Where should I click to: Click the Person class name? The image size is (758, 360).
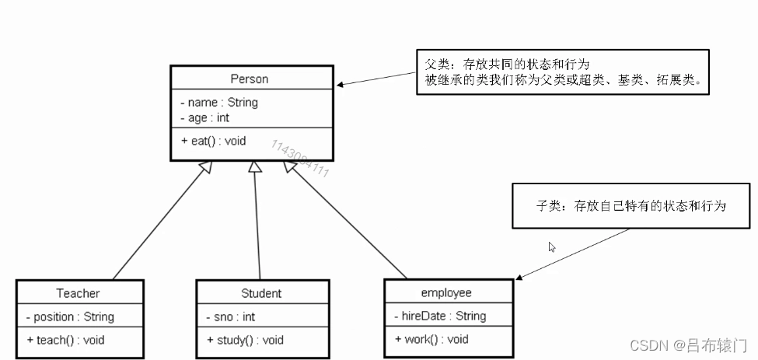pyautogui.click(x=249, y=79)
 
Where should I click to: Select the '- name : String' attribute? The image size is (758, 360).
pyautogui.click(x=219, y=102)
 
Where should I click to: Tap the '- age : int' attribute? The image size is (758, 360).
pyautogui.click(x=205, y=118)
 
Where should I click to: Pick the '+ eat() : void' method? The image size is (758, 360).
pyautogui.click(x=214, y=141)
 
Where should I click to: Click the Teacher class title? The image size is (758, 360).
pyautogui.click(x=78, y=293)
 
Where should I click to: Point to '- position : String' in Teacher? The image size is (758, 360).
pyautogui.click(x=70, y=316)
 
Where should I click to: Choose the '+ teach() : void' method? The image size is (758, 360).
pyautogui.click(x=66, y=340)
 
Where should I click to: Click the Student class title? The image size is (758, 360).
pyautogui.click(x=261, y=293)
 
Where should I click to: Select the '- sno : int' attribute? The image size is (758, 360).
pyautogui.click(x=231, y=316)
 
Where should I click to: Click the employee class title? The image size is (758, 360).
pyautogui.click(x=446, y=293)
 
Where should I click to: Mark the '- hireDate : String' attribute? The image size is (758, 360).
pyautogui.click(x=440, y=316)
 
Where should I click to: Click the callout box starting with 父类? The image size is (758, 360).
pyautogui.click(x=563, y=73)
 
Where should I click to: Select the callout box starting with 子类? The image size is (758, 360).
pyautogui.click(x=631, y=206)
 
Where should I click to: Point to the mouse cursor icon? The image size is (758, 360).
pyautogui.click(x=552, y=247)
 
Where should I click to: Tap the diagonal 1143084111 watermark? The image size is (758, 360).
pyautogui.click(x=300, y=159)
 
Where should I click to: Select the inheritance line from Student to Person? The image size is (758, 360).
pyautogui.click(x=257, y=225)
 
